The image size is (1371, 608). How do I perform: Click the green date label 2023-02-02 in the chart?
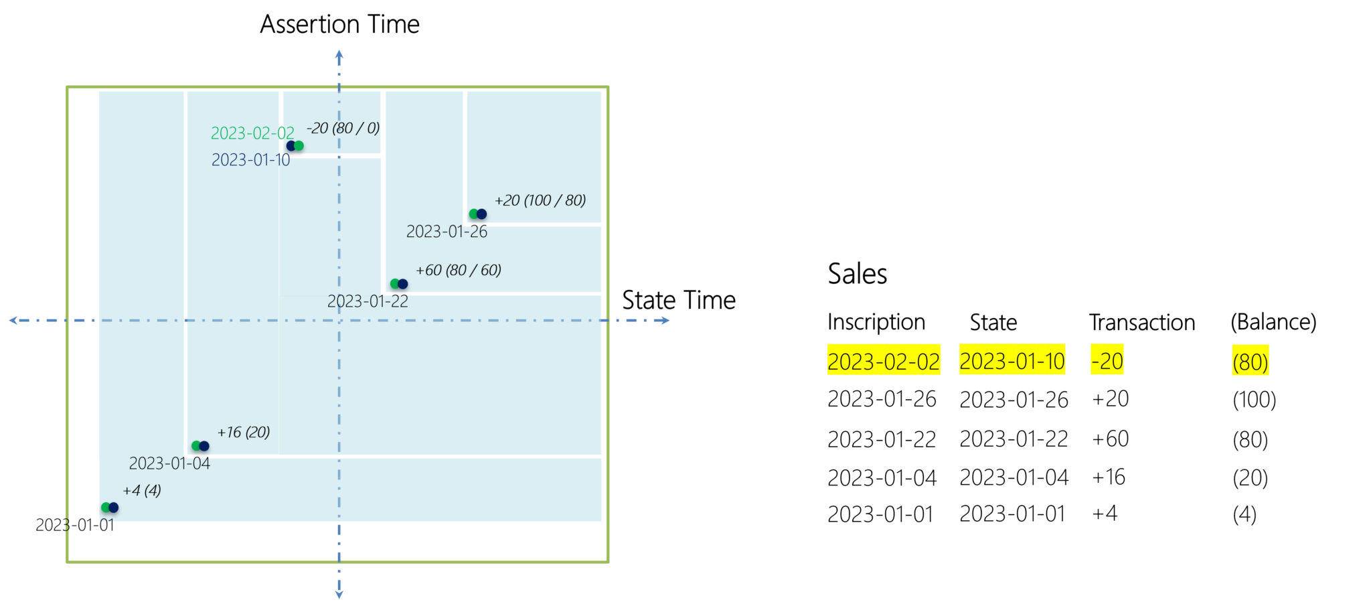point(252,133)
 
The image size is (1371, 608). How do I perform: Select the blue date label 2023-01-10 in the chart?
point(251,160)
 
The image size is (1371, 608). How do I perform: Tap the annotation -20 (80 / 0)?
point(343,128)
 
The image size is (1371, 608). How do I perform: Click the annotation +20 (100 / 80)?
point(540,200)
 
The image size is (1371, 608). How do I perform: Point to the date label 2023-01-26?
point(447,232)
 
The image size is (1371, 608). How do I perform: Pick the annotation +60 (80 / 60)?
point(459,270)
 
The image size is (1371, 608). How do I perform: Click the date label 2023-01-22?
point(368,301)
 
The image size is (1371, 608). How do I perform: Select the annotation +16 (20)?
point(244,432)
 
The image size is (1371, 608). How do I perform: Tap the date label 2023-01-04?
point(169,463)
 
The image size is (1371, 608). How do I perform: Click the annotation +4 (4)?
point(142,490)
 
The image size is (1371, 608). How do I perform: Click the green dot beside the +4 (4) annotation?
point(105,508)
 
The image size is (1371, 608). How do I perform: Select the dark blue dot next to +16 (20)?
point(204,446)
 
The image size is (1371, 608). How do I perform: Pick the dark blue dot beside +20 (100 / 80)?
point(482,214)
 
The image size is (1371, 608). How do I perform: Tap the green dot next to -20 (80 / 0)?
point(299,146)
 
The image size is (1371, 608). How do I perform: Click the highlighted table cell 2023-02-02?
point(884,362)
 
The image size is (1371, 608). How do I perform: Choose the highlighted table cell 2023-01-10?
point(1012,362)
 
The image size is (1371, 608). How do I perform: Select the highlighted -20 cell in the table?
point(1107,362)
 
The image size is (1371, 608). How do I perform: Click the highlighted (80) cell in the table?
point(1250,362)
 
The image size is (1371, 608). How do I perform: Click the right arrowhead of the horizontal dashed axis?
point(665,321)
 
